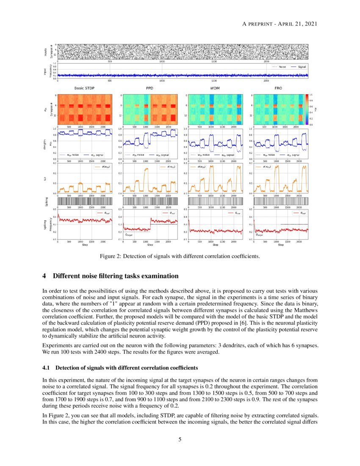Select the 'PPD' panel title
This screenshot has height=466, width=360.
coord(150,89)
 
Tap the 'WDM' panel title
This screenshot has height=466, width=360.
coord(215,89)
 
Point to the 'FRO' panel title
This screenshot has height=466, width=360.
coord(280,89)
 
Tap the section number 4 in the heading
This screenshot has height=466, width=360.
coord(44,276)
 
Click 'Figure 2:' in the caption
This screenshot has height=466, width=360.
coord(111,256)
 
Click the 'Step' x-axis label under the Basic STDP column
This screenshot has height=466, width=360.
coord(85,244)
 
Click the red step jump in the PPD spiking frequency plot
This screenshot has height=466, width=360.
coord(150,224)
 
